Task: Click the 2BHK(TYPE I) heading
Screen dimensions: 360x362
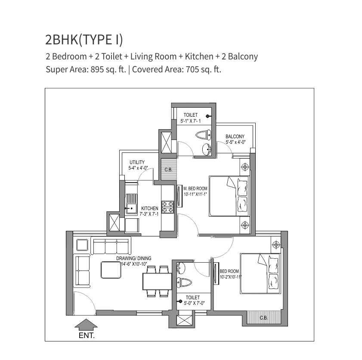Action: click(84, 39)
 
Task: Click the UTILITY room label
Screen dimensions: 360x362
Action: click(137, 162)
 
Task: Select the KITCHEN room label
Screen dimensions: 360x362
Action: click(149, 208)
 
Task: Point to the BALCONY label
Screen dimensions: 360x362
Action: click(235, 137)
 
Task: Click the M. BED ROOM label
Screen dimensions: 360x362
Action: click(195, 189)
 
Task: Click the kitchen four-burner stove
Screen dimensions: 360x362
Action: click(167, 206)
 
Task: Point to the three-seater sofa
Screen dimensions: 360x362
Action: click(111, 247)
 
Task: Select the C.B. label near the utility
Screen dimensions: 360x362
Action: click(168, 170)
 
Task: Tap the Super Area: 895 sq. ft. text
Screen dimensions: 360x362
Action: click(86, 69)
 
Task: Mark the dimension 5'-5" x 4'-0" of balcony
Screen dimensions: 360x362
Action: click(235, 143)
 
